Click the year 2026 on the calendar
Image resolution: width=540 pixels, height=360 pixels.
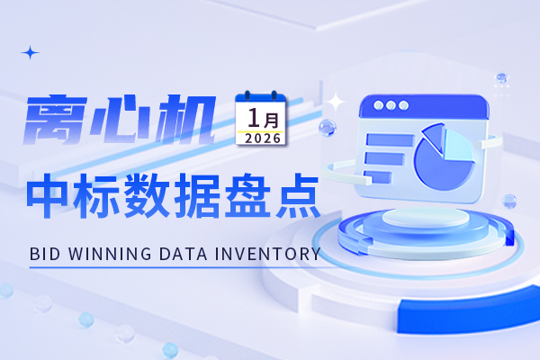(261, 139)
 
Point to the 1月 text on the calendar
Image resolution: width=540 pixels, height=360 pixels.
(261, 117)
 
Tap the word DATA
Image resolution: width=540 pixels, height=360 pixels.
(186, 255)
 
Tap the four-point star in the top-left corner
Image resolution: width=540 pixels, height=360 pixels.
(31, 52)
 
